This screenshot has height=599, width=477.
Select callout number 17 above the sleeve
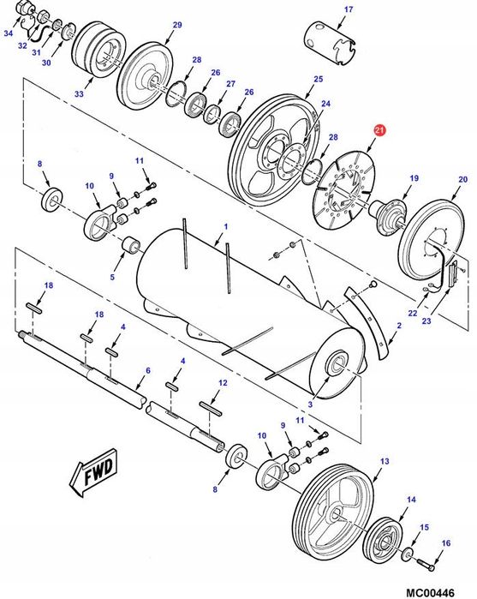click(x=324, y=9)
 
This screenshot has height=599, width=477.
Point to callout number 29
click(x=177, y=26)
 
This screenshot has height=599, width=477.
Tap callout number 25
click(x=318, y=80)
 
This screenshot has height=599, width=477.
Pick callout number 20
click(x=463, y=179)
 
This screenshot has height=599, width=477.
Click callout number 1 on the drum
click(x=225, y=226)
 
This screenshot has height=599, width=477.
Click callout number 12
click(x=223, y=383)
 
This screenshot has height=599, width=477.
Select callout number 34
click(x=8, y=33)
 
